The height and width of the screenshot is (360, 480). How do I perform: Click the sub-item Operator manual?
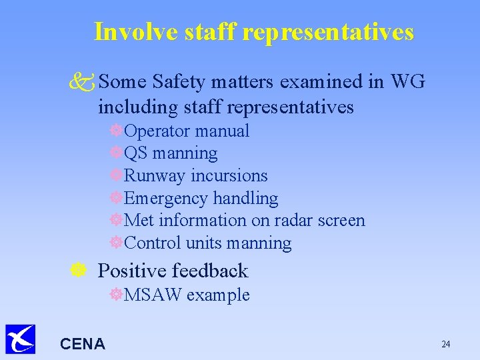tap(187, 131)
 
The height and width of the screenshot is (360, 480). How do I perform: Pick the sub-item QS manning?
tap(171, 153)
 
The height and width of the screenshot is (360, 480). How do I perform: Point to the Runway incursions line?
tap(195, 176)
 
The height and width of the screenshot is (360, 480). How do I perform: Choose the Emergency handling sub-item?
tap(201, 198)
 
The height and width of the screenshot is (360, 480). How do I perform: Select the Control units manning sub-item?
tap(207, 243)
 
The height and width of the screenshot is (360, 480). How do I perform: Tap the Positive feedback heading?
tap(173, 271)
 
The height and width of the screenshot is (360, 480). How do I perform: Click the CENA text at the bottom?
tap(82, 344)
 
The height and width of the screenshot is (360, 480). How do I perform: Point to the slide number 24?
tap(445, 344)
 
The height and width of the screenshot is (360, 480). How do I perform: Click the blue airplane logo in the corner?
tap(20, 339)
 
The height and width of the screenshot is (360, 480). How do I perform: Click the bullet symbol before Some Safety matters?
tap(84, 83)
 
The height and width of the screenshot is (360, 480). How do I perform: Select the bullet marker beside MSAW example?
tap(117, 295)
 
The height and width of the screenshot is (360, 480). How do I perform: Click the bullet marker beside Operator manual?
tap(117, 131)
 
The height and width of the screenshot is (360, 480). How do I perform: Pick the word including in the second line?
tap(135, 106)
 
